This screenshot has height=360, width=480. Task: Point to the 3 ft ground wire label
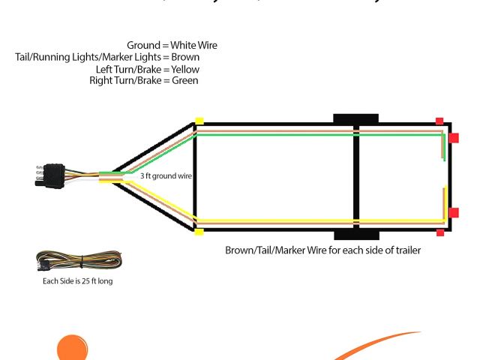pos(166,175)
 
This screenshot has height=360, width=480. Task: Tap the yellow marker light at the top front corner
pos(199,121)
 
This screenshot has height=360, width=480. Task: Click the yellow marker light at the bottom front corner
pos(199,232)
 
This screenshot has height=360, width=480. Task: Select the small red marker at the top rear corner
pos(439,121)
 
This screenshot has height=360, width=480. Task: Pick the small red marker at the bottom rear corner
pos(439,232)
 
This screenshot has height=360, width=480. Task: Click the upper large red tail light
pos(454,138)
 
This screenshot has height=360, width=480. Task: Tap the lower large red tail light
pos(454,213)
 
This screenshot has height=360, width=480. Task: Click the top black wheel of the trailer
pos(355,118)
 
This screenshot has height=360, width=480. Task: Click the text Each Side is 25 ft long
pos(78,282)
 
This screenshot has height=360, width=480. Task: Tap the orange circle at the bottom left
pos(73,349)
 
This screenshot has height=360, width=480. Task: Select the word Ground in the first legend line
pos(144,46)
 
